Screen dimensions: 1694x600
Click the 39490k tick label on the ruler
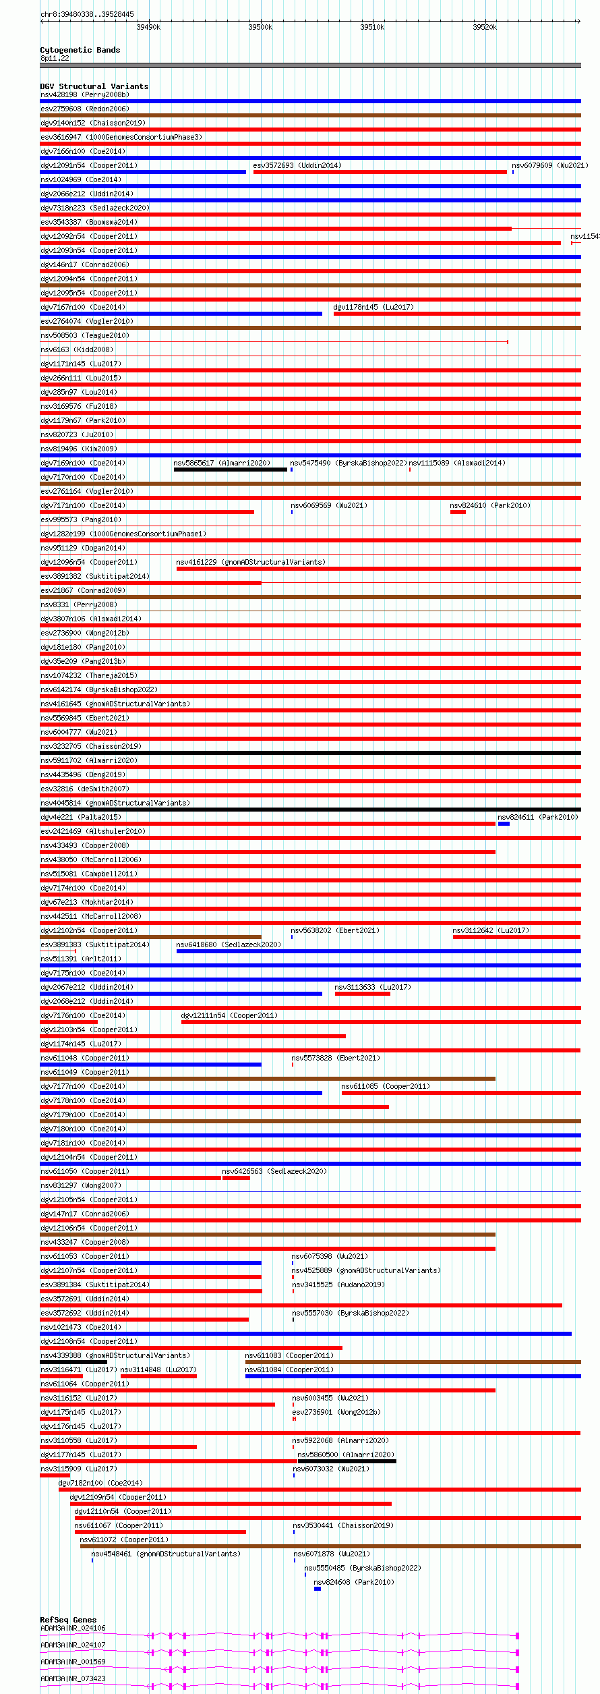[148, 27]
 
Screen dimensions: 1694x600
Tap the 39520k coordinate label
[484, 27]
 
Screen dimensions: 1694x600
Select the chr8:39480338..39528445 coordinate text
[87, 14]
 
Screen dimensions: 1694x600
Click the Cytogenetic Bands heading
[80, 50]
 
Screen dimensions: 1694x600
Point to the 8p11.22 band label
[55, 58]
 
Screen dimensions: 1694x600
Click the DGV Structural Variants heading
[94, 86]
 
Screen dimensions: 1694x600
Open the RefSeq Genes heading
[68, 1620]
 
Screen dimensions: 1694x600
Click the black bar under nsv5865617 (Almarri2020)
[230, 470]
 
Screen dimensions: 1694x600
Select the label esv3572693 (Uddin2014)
[297, 165]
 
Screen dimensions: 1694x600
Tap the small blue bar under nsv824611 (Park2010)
[504, 824]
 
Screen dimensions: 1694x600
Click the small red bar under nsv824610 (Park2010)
[458, 512]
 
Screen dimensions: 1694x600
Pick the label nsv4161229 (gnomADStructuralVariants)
[250, 562]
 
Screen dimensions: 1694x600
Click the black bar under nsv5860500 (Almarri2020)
[347, 1462]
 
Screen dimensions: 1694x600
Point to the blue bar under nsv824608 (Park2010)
[318, 1589]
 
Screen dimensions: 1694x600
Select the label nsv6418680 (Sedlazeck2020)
[228, 944]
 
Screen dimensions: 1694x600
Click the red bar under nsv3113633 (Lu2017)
[362, 994]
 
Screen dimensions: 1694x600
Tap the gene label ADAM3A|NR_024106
[73, 1628]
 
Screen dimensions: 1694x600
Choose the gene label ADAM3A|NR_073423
[73, 1678]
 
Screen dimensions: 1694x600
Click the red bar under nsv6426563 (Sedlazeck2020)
[236, 1178]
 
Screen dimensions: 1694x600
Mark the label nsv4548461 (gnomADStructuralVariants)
[165, 1554]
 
